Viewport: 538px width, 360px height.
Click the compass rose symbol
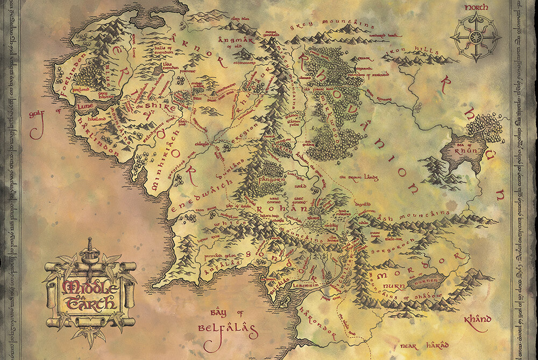coord(475,37)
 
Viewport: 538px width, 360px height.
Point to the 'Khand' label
coord(477,320)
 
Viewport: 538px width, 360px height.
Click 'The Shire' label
coord(156,108)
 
